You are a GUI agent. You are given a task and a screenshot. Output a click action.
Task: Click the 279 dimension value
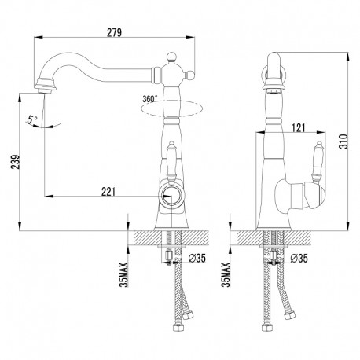(114, 32)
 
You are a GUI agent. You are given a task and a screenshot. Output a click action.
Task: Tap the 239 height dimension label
(15, 162)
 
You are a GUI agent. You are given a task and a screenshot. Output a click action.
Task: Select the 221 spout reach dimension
(108, 192)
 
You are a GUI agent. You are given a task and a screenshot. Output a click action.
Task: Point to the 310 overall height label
(343, 141)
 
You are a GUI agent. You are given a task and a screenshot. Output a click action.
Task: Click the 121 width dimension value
(298, 128)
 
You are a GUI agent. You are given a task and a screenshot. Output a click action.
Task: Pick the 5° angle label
(31, 119)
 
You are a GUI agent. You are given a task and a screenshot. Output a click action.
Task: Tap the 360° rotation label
(150, 99)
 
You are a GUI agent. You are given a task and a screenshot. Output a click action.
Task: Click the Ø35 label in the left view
(197, 258)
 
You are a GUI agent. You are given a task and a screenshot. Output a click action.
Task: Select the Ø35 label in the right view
(299, 258)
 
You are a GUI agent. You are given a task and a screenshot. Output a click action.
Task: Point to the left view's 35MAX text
(123, 274)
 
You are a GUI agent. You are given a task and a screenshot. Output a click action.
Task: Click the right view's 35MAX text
(226, 274)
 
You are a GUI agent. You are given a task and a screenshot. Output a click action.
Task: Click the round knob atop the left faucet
(171, 57)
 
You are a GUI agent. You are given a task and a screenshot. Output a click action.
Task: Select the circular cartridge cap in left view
(171, 196)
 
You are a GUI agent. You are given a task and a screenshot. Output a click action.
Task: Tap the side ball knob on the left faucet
(191, 75)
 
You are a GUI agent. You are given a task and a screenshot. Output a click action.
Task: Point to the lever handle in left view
(171, 163)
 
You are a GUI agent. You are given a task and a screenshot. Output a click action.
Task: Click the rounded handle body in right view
(300, 195)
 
